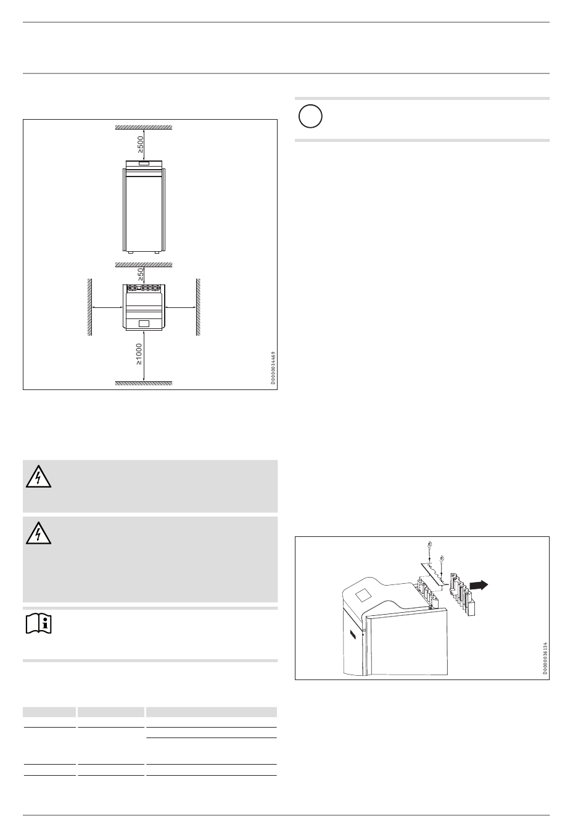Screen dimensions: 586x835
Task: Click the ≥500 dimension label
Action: [140, 144]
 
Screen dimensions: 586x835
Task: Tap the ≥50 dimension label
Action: [141, 275]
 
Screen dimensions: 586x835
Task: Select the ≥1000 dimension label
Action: [139, 354]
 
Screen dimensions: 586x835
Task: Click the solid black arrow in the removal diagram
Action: [478, 585]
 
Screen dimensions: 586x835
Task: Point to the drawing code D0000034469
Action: [273, 368]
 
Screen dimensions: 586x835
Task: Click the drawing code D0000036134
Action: [545, 658]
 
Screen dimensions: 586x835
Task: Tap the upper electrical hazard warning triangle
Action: [38, 477]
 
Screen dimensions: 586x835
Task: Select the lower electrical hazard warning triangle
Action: [38, 533]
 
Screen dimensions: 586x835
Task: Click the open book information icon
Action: [39, 623]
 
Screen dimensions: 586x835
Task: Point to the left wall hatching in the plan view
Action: [90, 307]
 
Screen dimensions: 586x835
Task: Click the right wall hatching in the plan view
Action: [198, 307]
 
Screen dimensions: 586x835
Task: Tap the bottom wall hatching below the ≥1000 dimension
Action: [144, 383]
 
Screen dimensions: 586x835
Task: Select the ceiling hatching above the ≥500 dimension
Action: [144, 127]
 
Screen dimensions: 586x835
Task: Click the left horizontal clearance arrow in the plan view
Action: [107, 307]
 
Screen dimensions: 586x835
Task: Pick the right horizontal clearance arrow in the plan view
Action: [180, 307]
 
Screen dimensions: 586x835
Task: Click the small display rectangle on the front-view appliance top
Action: [144, 164]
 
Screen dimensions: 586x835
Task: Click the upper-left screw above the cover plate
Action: [429, 546]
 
